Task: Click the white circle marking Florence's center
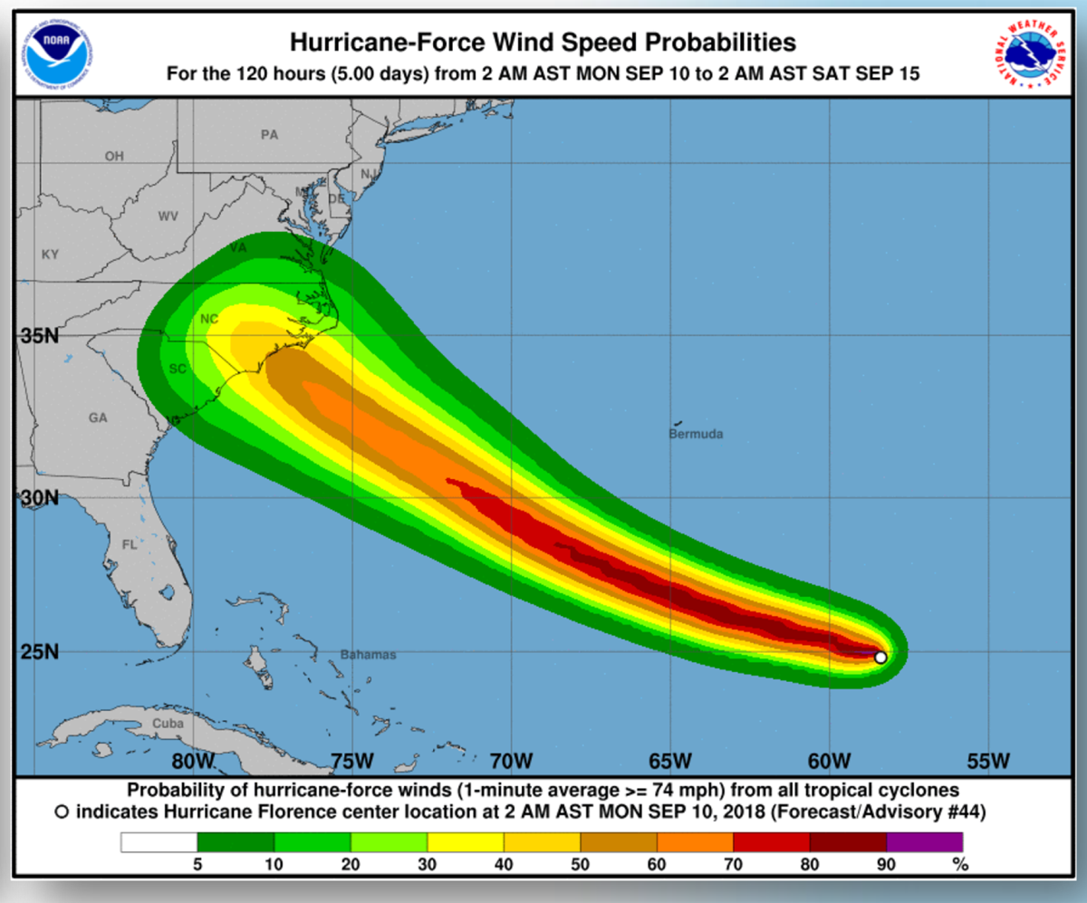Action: (880, 658)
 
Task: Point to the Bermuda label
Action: (696, 435)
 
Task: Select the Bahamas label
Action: (368, 654)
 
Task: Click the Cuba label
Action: (168, 724)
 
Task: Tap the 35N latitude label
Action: (39, 337)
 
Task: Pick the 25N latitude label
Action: (39, 652)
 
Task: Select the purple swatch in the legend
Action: (924, 842)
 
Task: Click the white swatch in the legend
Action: (159, 842)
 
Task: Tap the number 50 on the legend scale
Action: (581, 864)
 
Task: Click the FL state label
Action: (130, 545)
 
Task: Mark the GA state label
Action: (98, 418)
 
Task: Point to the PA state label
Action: (269, 135)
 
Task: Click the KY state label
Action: (50, 255)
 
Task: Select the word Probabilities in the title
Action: (711, 43)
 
